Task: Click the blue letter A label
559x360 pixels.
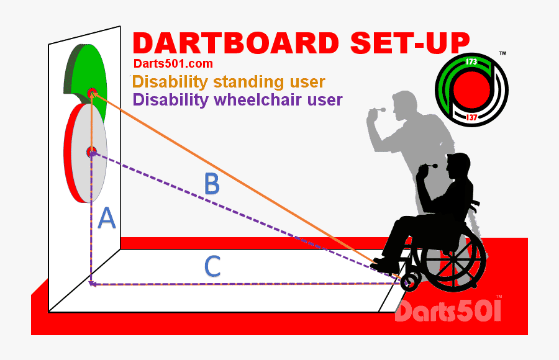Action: (x=107, y=218)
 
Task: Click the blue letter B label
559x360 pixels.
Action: (x=212, y=184)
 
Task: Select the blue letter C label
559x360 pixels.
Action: (x=212, y=266)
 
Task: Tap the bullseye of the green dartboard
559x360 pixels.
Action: (x=93, y=93)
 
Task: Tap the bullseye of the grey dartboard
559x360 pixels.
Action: (x=92, y=151)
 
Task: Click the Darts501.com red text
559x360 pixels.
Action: (x=173, y=63)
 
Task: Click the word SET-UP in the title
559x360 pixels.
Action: (x=409, y=43)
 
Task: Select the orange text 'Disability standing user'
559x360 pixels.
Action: (x=229, y=81)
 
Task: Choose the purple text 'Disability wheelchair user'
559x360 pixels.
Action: (x=237, y=99)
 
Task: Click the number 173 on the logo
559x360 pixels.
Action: (x=471, y=62)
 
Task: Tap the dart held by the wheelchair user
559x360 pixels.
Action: (x=429, y=166)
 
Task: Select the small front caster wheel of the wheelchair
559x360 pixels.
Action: (x=409, y=282)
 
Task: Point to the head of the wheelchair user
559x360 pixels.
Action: (x=459, y=168)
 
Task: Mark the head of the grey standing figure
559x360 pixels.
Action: (x=406, y=103)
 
